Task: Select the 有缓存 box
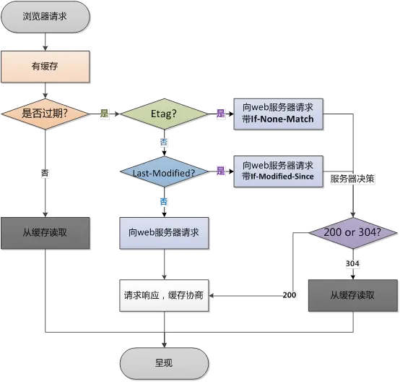coord(45,67)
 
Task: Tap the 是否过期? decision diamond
coord(45,114)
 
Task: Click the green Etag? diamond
coord(163,114)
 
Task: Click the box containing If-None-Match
coord(278,114)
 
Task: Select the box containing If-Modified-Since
coord(278,171)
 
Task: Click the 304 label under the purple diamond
coord(352,263)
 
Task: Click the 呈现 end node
coord(163,362)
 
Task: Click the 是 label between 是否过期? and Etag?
coord(104,114)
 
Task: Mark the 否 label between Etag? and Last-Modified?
coord(164,143)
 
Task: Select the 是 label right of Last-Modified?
coord(220,171)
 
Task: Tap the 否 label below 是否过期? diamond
coord(45,174)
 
